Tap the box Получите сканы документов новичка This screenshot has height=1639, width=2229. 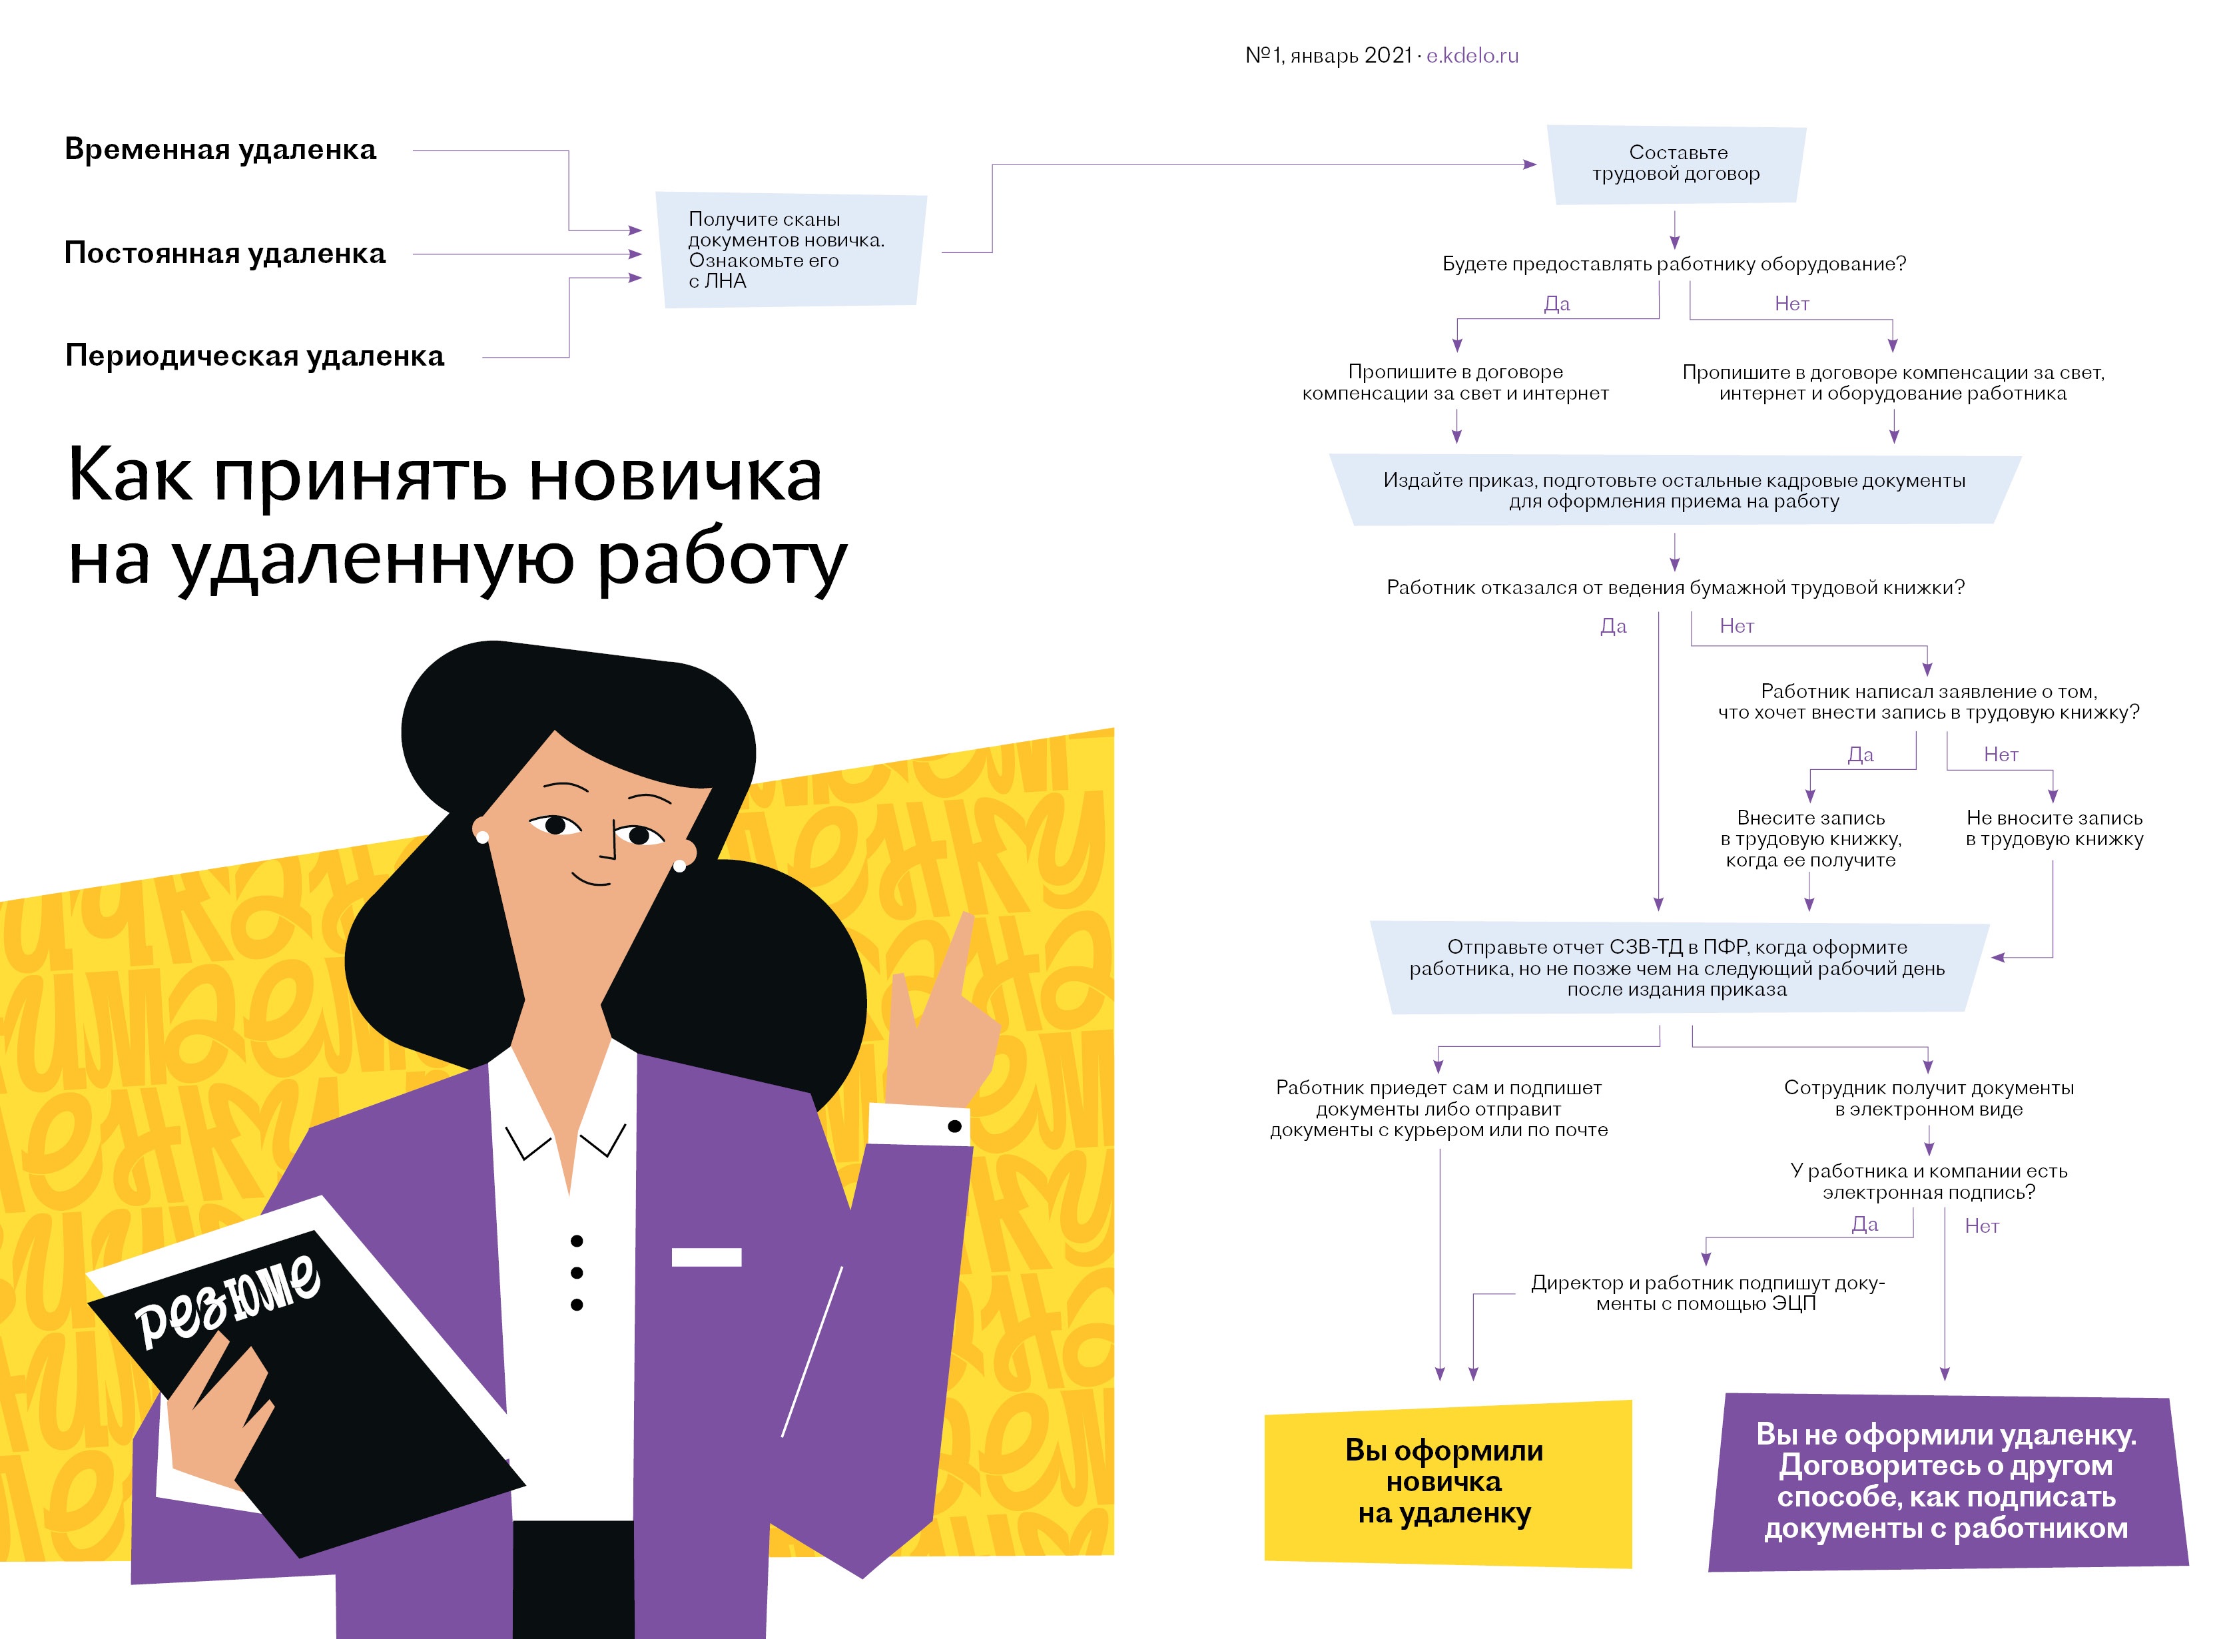click(791, 250)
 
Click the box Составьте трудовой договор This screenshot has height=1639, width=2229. click(1676, 164)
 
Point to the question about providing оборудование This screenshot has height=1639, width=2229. click(1674, 264)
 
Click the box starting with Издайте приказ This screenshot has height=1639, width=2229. click(1674, 490)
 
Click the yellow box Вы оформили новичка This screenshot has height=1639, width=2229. click(1447, 1482)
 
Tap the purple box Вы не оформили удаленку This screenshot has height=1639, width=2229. click(1946, 1481)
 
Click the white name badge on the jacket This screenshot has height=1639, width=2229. click(707, 1257)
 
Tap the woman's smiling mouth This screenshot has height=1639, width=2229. click(591, 879)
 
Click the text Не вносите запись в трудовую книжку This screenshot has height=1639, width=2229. click(2055, 828)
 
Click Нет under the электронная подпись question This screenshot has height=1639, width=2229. click(1982, 1226)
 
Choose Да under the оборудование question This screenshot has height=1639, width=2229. click(1556, 304)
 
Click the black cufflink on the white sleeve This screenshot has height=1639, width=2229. click(954, 1126)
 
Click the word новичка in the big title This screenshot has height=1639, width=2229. click(675, 476)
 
